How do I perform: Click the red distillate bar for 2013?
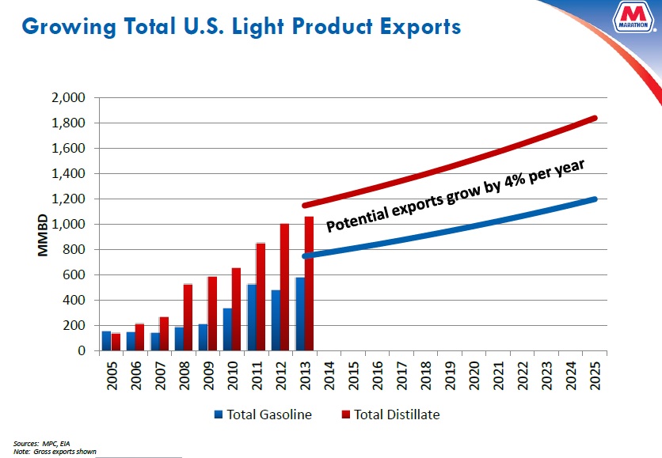coord(309,283)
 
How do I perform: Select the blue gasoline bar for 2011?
coord(252,317)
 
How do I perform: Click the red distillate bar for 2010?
coord(236,309)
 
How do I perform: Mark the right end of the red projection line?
coord(594,119)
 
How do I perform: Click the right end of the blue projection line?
coord(594,199)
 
